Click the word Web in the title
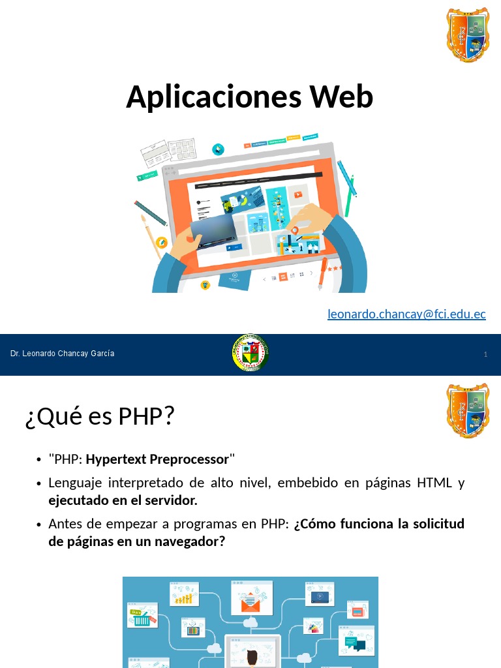pyautogui.click(x=341, y=97)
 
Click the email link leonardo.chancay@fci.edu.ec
pyautogui.click(x=406, y=314)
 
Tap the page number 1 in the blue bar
pyautogui.click(x=486, y=354)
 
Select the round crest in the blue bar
pyautogui.click(x=250, y=353)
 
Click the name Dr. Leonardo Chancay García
pyautogui.click(x=62, y=354)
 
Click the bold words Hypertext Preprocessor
pyautogui.click(x=157, y=459)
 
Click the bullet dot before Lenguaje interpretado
pyautogui.click(x=39, y=484)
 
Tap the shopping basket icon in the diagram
pyautogui.click(x=142, y=618)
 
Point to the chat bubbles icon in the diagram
pyautogui.click(x=356, y=645)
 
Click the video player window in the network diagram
pyautogui.click(x=320, y=595)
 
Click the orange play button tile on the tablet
pyautogui.click(x=297, y=194)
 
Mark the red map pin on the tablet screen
pyautogui.click(x=295, y=230)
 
